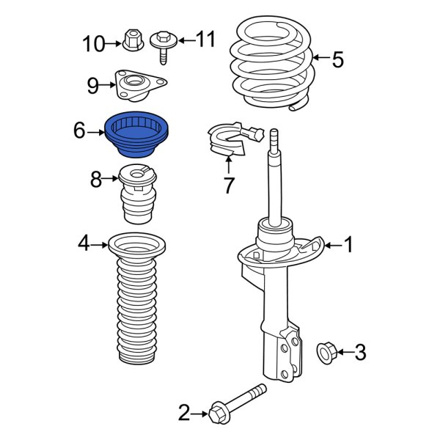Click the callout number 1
point(348,245)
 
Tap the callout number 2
point(184,414)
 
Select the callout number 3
point(359,353)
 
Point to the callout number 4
point(84,243)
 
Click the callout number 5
point(337,59)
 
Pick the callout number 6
point(79,131)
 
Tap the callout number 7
point(228,186)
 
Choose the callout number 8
point(96,178)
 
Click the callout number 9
point(92,86)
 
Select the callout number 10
point(94,44)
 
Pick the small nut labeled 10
point(133,43)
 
